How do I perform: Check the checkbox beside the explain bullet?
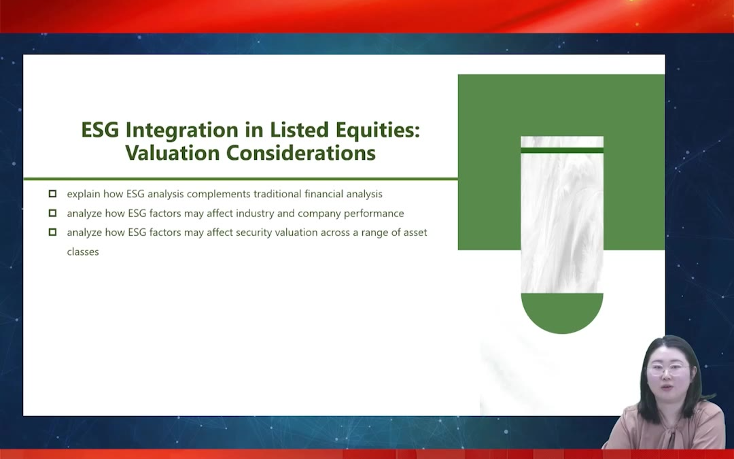(x=52, y=193)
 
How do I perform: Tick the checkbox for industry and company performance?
(x=52, y=213)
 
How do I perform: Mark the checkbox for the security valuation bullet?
(x=52, y=233)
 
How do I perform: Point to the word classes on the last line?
(x=83, y=252)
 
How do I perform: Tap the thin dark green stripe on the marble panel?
(x=562, y=150)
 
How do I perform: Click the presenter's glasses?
(x=667, y=370)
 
